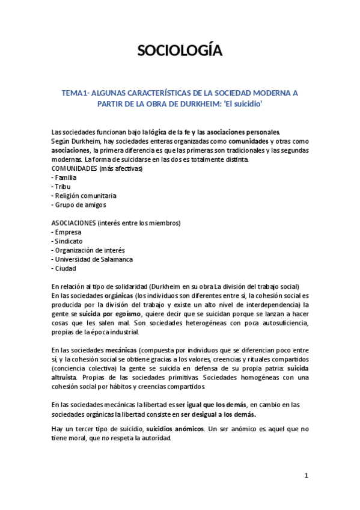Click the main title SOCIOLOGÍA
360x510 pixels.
coord(180,51)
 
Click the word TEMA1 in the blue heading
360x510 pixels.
coord(74,93)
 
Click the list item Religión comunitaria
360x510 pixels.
coord(84,195)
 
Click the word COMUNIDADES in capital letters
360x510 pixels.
coord(75,169)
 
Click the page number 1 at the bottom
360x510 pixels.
coord(306,476)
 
